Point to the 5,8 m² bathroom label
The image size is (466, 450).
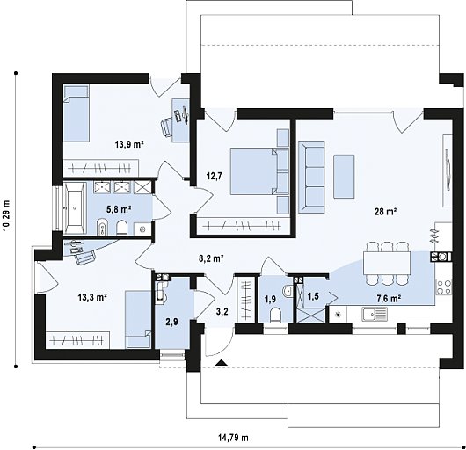pyautogui.click(x=119, y=209)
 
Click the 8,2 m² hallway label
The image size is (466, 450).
pyautogui.click(x=210, y=258)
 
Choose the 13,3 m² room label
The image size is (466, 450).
pyautogui.click(x=90, y=298)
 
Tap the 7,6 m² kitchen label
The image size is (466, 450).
pyautogui.click(x=389, y=299)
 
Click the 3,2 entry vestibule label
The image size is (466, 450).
pyautogui.click(x=222, y=310)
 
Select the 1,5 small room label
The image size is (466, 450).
pyautogui.click(x=313, y=297)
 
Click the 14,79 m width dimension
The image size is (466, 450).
pyautogui.click(x=233, y=437)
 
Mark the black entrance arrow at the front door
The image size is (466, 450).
pyautogui.click(x=220, y=361)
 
